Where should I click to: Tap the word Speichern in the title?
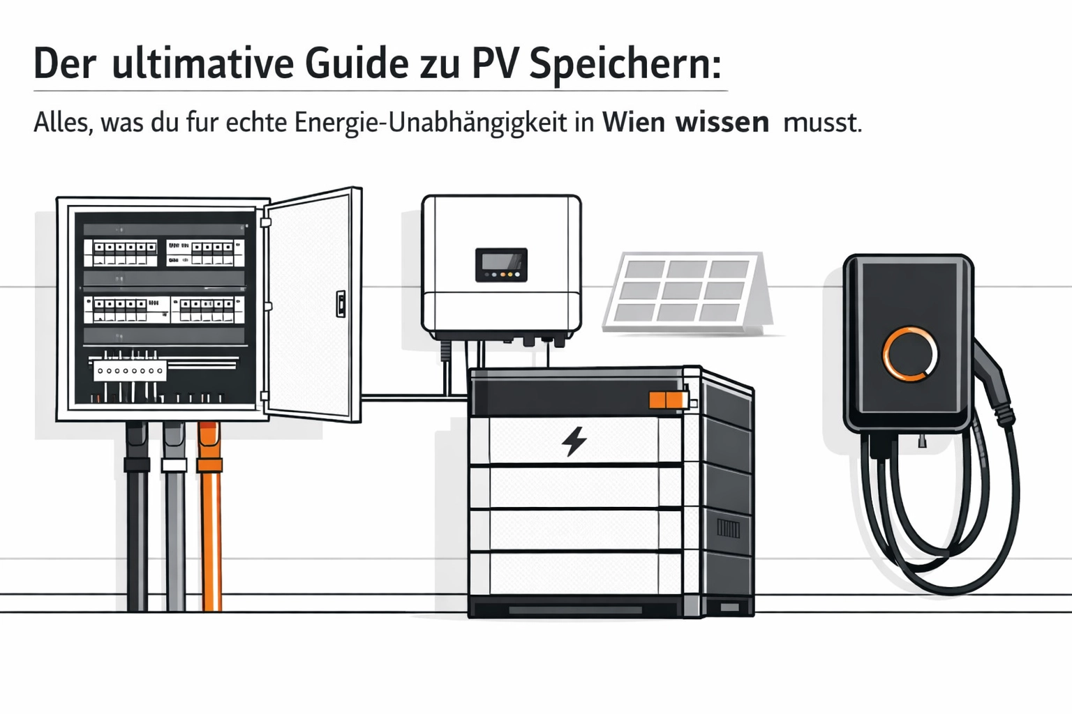pyautogui.click(x=625, y=66)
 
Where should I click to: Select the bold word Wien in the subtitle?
pyautogui.click(x=634, y=123)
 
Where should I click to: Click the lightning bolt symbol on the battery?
pyautogui.click(x=574, y=441)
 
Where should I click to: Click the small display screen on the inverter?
pyautogui.click(x=500, y=265)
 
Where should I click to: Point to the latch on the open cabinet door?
pyautogui.click(x=341, y=304)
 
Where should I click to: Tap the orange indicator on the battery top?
pyautogui.click(x=667, y=400)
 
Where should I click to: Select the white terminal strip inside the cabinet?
pyautogui.click(x=130, y=371)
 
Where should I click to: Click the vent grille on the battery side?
pyautogui.click(x=728, y=529)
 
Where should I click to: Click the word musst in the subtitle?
pyautogui.click(x=822, y=123)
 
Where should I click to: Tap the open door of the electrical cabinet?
pyautogui.click(x=314, y=305)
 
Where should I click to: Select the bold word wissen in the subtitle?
pyautogui.click(x=722, y=123)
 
